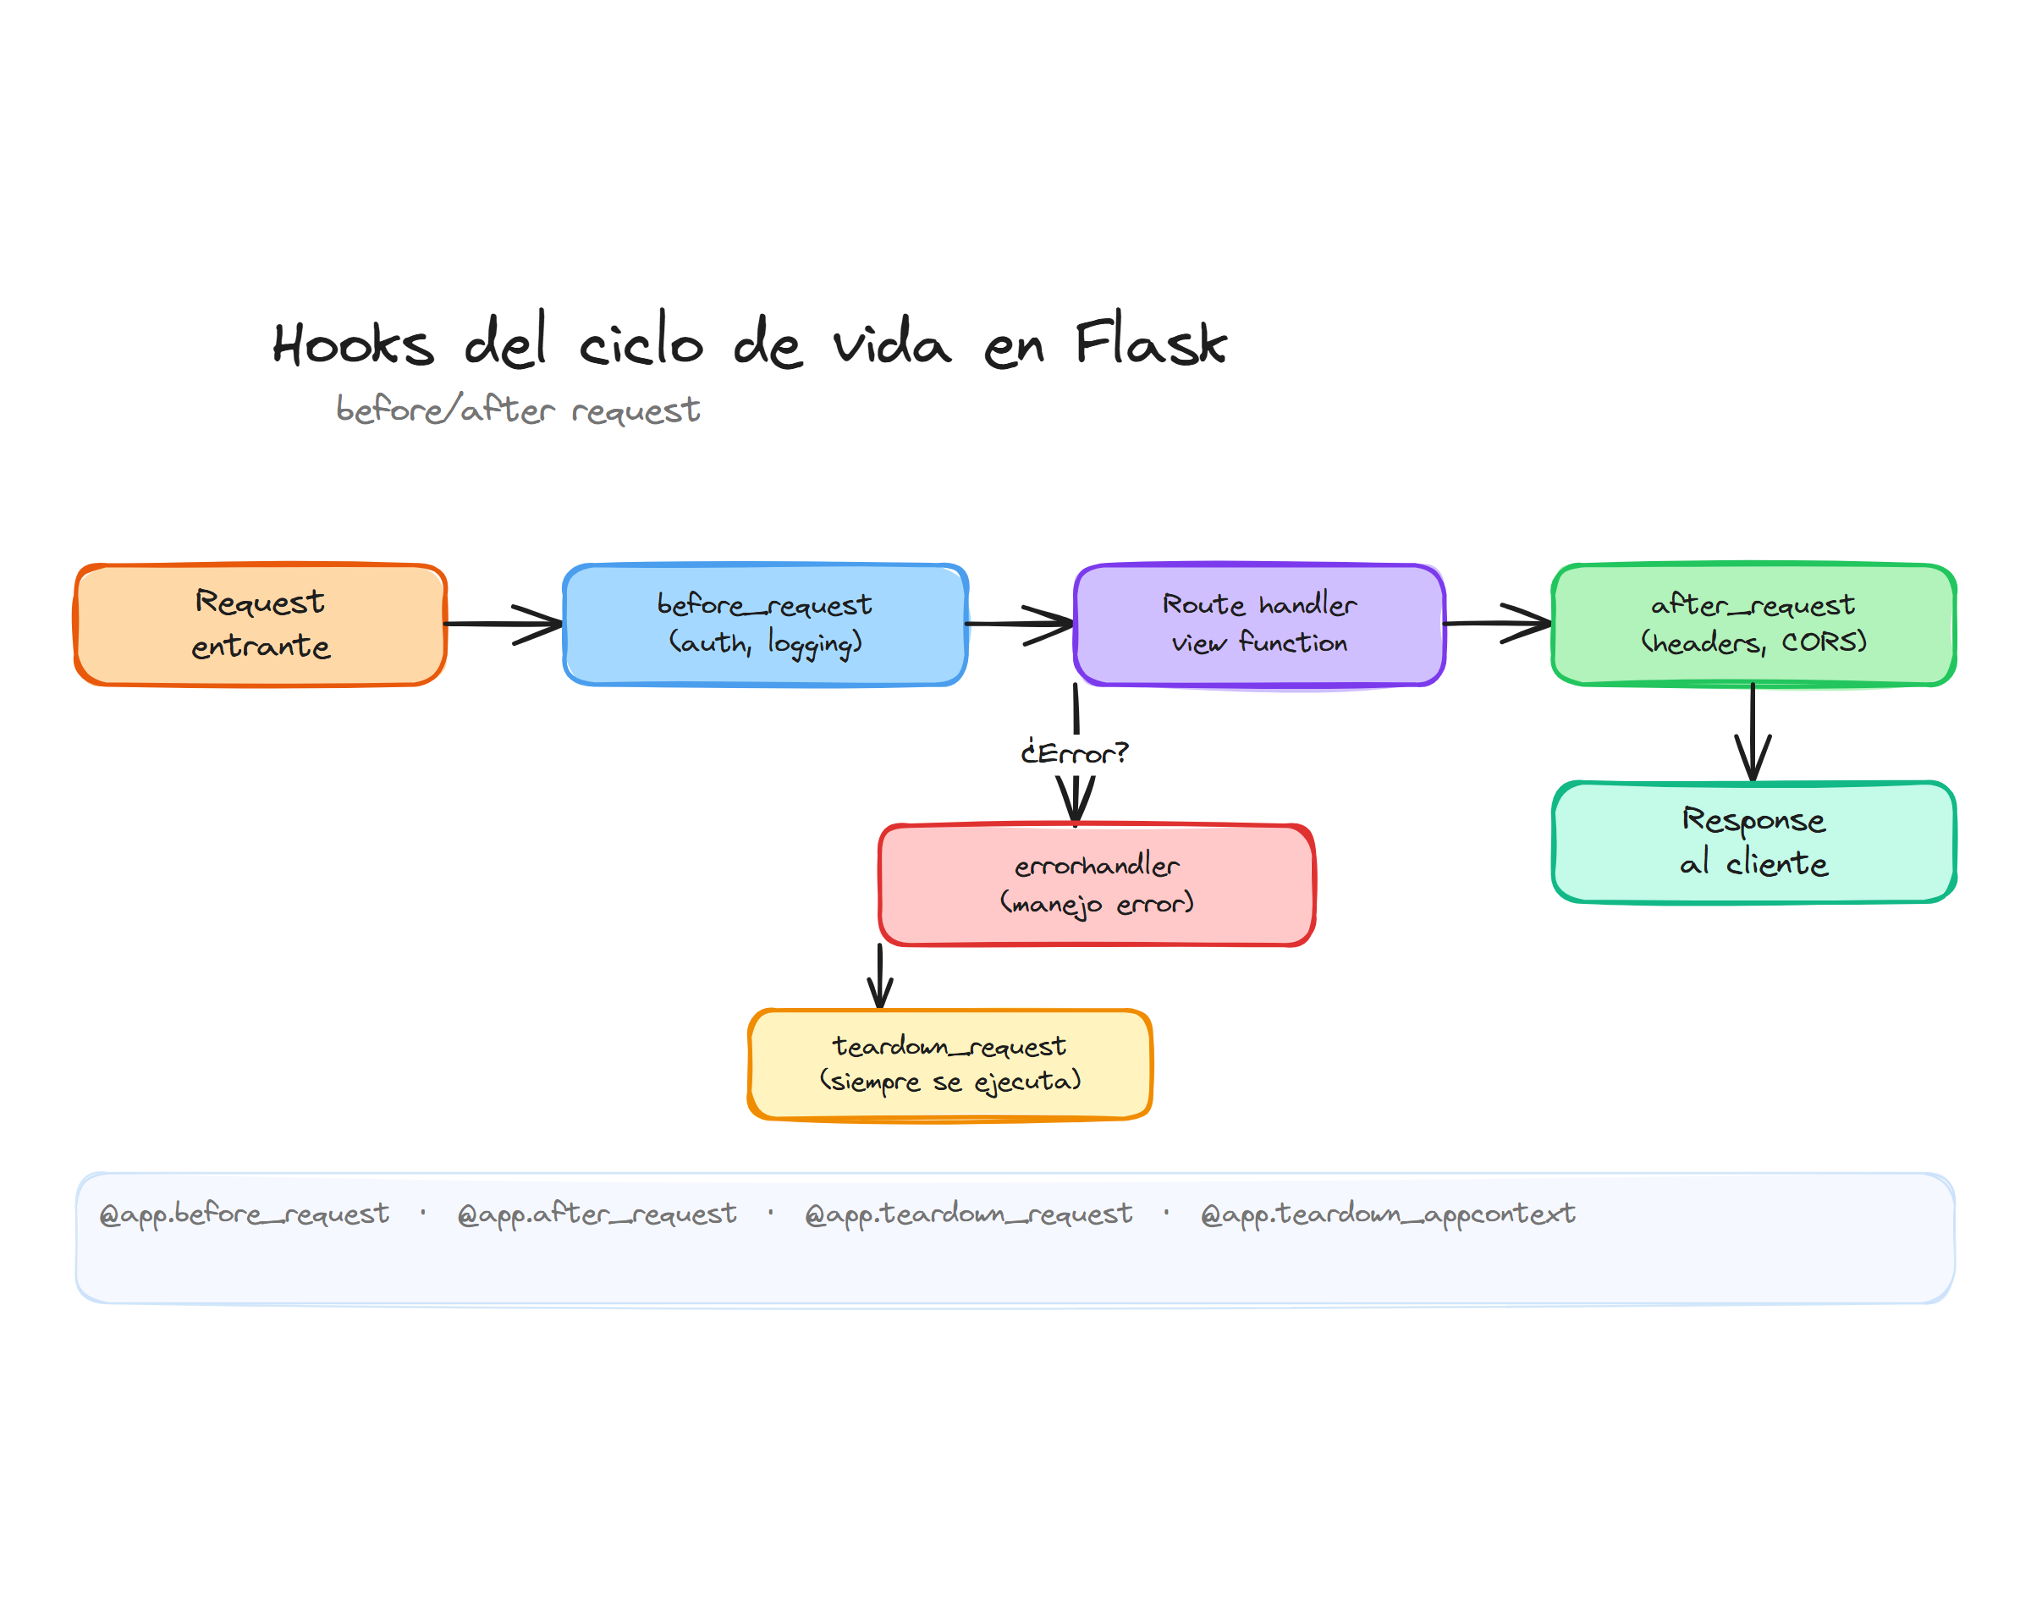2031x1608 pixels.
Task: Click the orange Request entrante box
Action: pyautogui.click(x=260, y=625)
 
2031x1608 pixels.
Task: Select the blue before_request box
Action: pyautogui.click(x=764, y=625)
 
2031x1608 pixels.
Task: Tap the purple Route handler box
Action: pyautogui.click(x=1258, y=625)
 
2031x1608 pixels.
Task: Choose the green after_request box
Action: pyautogui.click(x=1753, y=625)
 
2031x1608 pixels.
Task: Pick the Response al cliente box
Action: pyautogui.click(x=1753, y=841)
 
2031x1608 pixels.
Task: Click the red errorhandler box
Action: pyautogui.click(x=1096, y=885)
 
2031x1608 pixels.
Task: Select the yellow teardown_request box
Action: pyautogui.click(x=949, y=1064)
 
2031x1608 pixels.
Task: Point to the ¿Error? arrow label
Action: pyautogui.click(x=1074, y=753)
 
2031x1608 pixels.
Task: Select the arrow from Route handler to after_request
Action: pyautogui.click(x=1496, y=623)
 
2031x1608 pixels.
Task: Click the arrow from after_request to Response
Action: pyautogui.click(x=1753, y=732)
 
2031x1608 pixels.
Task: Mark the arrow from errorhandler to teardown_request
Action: pyautogui.click(x=880, y=977)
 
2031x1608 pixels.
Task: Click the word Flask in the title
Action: pyautogui.click(x=1150, y=343)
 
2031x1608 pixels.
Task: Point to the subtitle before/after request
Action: pyautogui.click(x=518, y=410)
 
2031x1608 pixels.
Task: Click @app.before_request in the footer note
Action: pyautogui.click(x=244, y=1214)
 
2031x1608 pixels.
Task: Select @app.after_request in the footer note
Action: pyautogui.click(x=597, y=1214)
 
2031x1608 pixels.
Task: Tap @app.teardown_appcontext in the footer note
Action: pyautogui.click(x=1387, y=1214)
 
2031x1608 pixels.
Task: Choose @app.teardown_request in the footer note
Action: pyautogui.click(x=968, y=1214)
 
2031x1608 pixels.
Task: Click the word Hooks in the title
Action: pyautogui.click(x=353, y=344)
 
